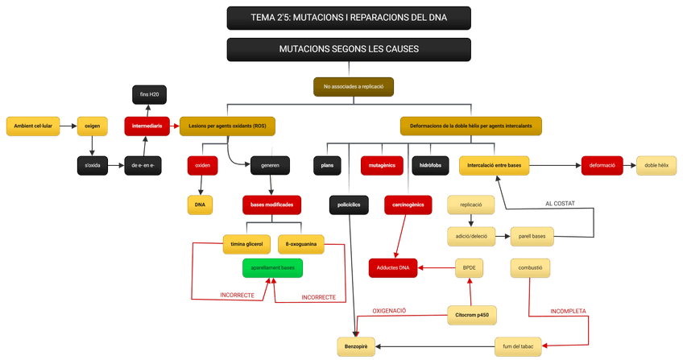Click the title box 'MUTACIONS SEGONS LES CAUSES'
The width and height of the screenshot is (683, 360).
click(349, 49)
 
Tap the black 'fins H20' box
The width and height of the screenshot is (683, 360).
click(149, 95)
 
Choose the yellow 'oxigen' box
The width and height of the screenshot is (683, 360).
click(92, 126)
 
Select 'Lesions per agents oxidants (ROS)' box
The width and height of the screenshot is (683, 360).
click(227, 126)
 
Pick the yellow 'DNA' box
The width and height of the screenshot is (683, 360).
click(200, 205)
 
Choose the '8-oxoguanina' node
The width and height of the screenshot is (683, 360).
click(301, 243)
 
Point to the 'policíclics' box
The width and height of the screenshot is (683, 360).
click(349, 205)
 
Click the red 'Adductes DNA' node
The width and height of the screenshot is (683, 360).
click(393, 267)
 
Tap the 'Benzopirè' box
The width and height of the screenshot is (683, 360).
click(356, 346)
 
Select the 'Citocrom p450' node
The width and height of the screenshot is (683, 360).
click(472, 315)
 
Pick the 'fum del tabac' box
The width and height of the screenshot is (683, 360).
click(517, 346)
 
